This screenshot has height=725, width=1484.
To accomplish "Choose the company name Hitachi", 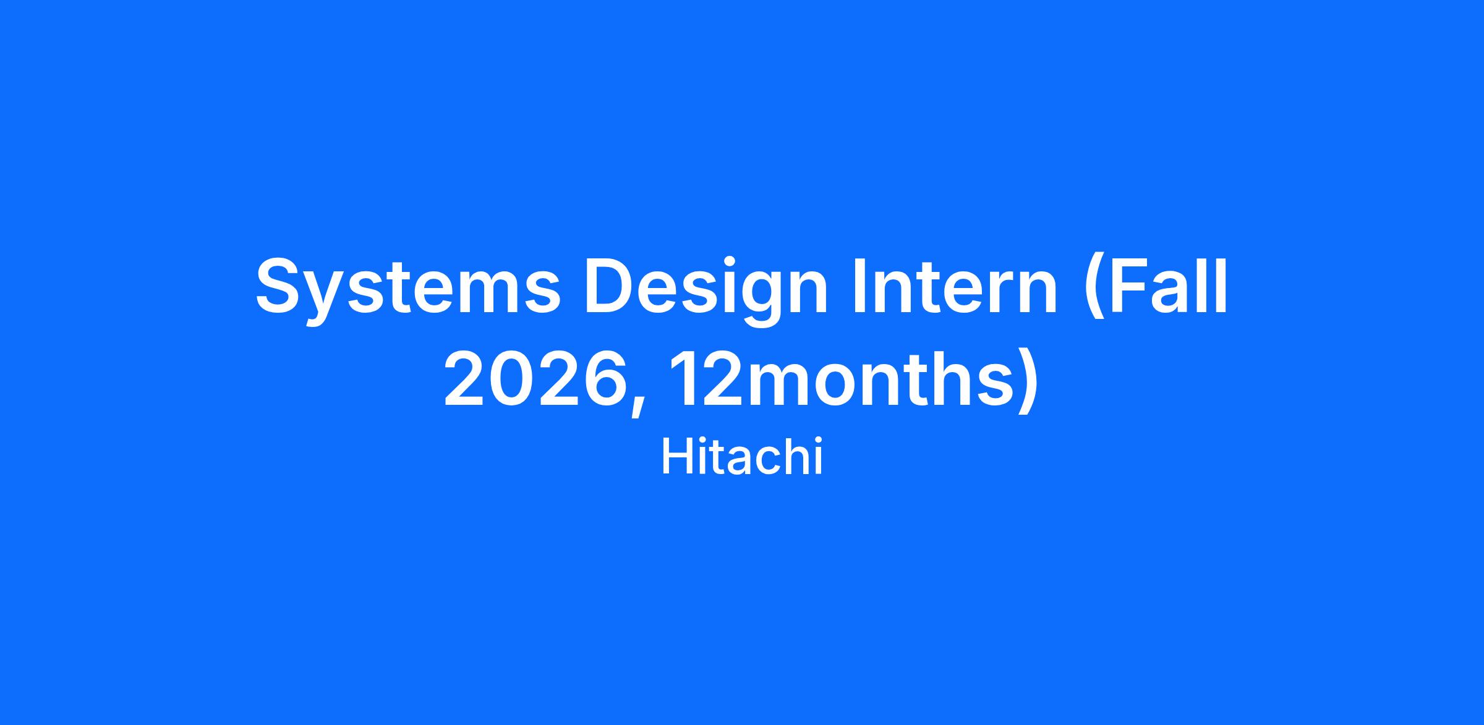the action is click(x=742, y=457).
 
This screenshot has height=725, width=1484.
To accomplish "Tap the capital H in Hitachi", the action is click(x=678, y=457).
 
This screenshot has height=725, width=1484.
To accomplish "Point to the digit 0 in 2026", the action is click(x=511, y=378).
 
